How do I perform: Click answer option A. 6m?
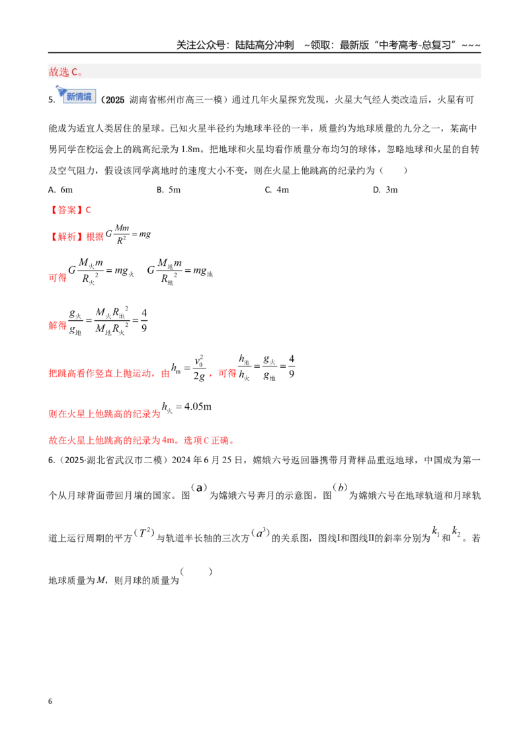(x=61, y=190)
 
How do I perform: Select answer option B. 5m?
(x=169, y=190)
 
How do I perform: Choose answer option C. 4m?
(x=277, y=190)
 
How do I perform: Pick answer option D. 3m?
(x=386, y=190)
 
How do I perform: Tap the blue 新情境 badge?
(x=77, y=95)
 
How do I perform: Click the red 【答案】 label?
(x=66, y=210)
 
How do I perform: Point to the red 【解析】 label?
(x=66, y=236)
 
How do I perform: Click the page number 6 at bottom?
(x=50, y=701)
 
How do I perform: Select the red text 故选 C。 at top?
(x=66, y=71)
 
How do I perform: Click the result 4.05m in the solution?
(x=198, y=406)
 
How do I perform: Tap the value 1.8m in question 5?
(x=190, y=149)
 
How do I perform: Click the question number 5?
(x=51, y=100)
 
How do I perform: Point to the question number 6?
(x=51, y=460)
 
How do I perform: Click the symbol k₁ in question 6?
(x=436, y=531)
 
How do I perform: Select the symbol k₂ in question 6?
(x=456, y=531)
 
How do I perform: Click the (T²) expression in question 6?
(x=144, y=532)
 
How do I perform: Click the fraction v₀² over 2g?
(x=200, y=369)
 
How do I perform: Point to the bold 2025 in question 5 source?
(x=114, y=100)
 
